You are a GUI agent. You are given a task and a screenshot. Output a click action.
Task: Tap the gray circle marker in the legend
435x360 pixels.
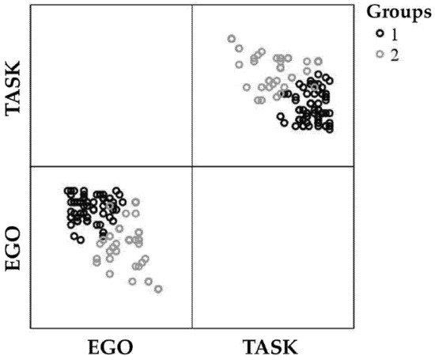point(380,53)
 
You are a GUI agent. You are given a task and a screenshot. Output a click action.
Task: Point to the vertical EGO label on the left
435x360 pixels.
point(13,247)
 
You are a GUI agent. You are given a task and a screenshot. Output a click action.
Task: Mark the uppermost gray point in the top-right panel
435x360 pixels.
point(231,39)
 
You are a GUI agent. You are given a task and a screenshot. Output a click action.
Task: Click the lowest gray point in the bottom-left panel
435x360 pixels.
point(158,289)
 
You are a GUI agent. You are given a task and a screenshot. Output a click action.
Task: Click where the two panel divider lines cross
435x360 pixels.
point(192,166)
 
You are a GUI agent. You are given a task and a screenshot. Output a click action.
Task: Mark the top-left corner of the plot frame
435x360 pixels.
point(29,6)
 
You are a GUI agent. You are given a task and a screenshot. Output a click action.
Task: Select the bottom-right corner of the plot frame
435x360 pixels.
point(354,328)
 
